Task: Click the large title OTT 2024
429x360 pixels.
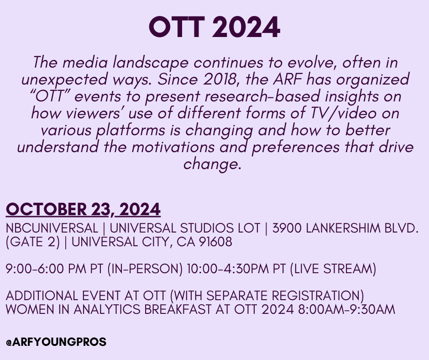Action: click(x=214, y=28)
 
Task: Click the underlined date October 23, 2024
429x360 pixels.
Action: click(x=83, y=210)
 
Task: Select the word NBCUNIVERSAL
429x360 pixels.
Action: click(x=52, y=228)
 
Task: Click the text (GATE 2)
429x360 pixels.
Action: click(x=32, y=242)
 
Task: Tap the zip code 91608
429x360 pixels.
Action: click(x=215, y=242)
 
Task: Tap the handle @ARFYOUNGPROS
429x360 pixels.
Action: click(x=56, y=342)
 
